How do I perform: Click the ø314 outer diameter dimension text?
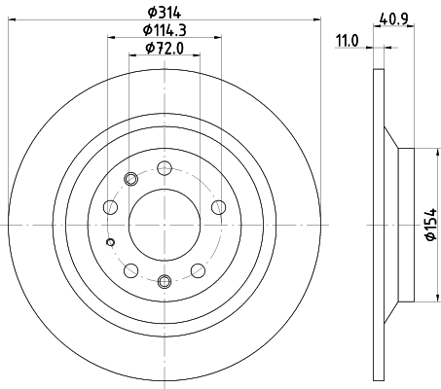164,13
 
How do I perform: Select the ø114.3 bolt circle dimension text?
164,31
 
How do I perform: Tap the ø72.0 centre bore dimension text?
164,48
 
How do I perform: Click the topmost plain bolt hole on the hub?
164,166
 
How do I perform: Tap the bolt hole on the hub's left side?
109,206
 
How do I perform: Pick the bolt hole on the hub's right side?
218,206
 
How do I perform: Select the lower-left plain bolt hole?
130,269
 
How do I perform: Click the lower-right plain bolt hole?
198,269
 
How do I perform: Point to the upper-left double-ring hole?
131,178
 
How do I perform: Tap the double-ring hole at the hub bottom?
164,283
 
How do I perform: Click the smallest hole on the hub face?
110,242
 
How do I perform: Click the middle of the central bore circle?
164,225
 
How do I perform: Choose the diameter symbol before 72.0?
148,48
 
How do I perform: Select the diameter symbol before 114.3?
143,31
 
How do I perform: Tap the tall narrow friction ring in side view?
378,225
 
